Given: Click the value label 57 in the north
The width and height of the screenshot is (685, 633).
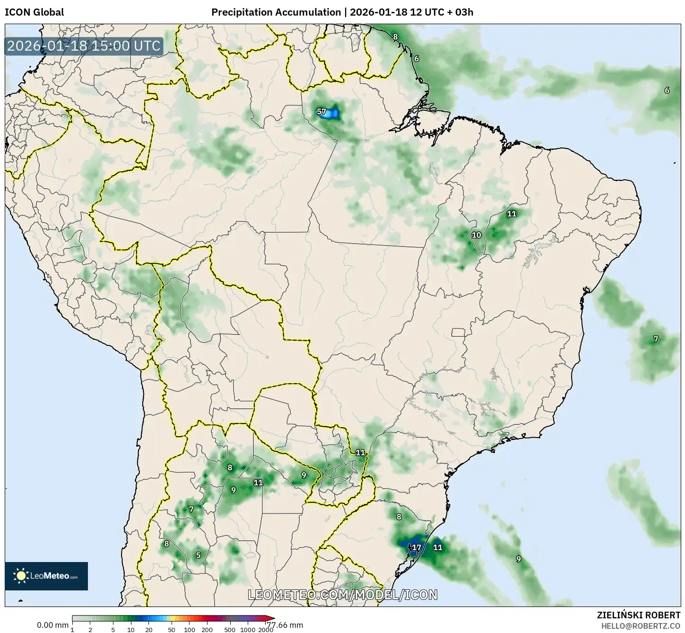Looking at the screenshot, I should click(321, 112).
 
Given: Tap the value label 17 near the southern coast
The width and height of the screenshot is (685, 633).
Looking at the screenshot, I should click(416, 548).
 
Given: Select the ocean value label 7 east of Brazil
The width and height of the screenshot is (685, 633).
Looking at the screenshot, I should click(655, 339).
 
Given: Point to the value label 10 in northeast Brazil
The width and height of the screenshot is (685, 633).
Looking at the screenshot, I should click(477, 235).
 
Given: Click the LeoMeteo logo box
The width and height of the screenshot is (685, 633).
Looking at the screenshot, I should click(46, 576).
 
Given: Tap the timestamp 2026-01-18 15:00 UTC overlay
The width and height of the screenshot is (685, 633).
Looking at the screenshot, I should click(84, 46).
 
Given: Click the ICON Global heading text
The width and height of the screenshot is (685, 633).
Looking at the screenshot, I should click(34, 12).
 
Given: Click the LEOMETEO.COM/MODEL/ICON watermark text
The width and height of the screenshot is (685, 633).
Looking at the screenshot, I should click(343, 595).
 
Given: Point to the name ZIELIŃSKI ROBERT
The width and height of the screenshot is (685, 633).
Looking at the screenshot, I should click(638, 615).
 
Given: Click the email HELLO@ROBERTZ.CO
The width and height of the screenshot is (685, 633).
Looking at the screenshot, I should click(641, 625).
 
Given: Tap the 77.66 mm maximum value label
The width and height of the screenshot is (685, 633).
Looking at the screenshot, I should click(285, 625).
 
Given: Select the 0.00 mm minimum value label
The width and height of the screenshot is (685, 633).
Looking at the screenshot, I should click(52, 625).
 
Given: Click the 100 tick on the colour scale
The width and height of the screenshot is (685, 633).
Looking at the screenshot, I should click(189, 629).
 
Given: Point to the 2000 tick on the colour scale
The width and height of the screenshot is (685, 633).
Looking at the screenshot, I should click(266, 629).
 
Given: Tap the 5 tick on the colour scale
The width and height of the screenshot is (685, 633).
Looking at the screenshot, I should click(113, 629).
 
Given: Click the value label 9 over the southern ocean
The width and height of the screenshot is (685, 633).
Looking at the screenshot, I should click(518, 559).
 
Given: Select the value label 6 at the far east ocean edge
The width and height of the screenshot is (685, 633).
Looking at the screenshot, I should click(667, 90).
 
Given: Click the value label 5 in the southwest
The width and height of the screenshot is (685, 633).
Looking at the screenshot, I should click(198, 555).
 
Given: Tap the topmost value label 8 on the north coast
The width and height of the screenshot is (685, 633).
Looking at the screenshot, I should click(395, 37).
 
